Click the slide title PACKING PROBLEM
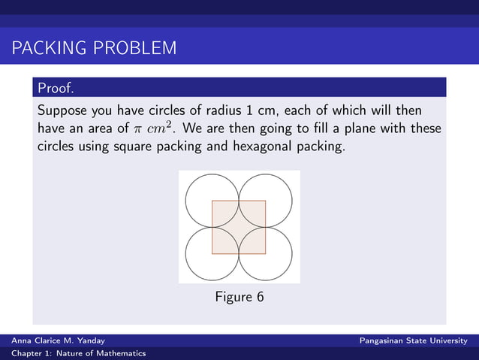(94, 50)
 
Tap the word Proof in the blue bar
(56, 89)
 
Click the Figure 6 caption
(239, 297)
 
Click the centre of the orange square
(239, 227)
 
